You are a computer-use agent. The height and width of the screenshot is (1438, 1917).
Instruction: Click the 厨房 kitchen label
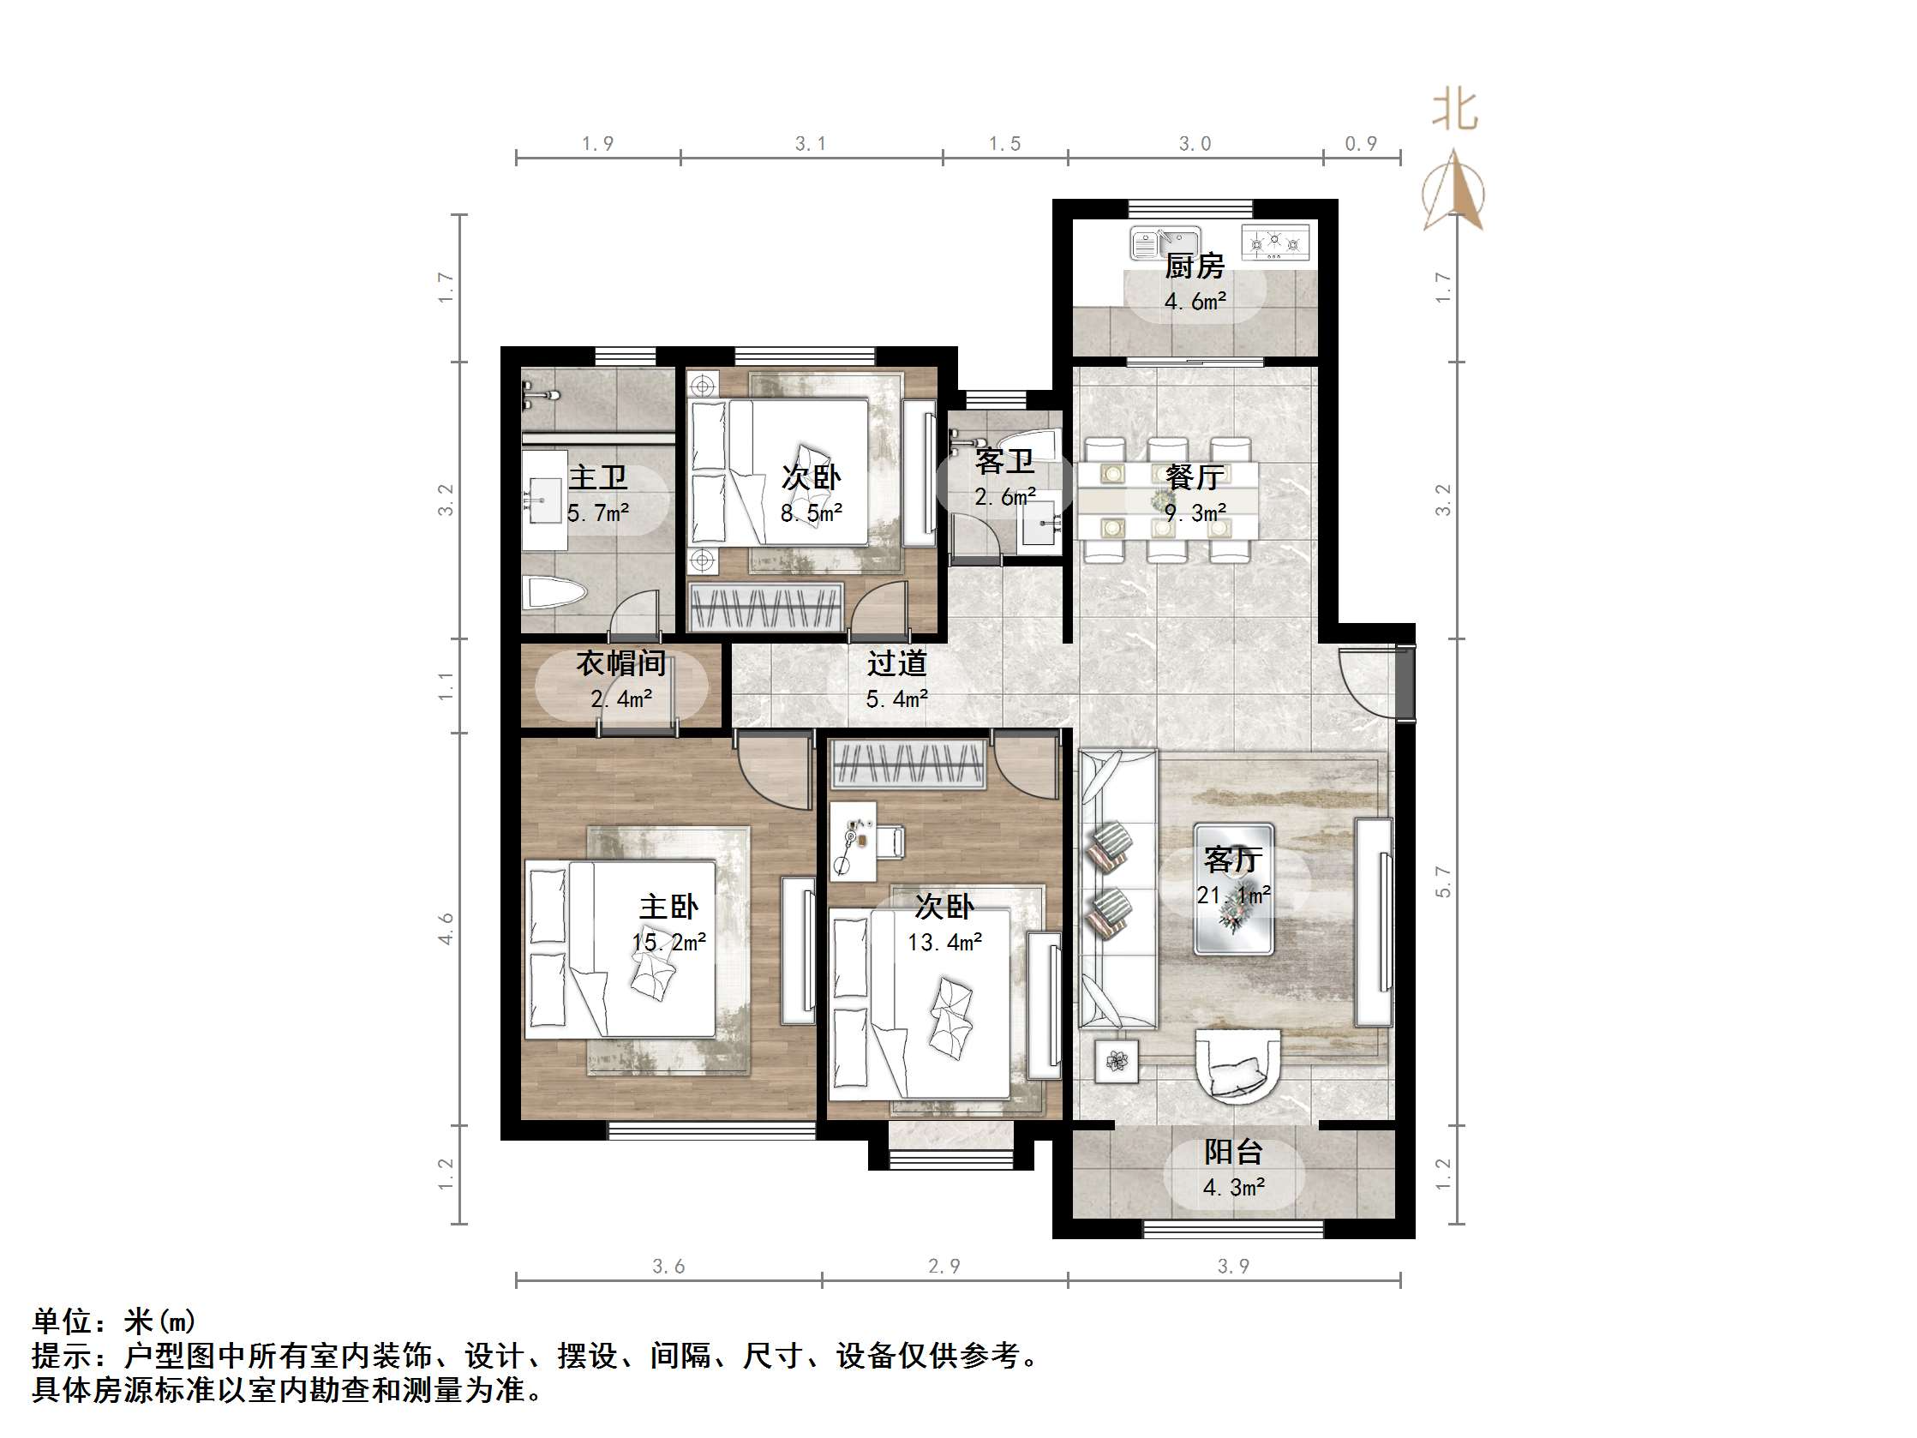click(x=1195, y=267)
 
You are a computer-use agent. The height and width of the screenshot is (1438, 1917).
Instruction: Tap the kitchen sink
click(x=1165, y=243)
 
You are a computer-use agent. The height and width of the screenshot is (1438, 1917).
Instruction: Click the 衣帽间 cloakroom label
click(x=621, y=664)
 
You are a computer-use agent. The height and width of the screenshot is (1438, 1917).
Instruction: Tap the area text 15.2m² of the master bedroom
click(x=668, y=942)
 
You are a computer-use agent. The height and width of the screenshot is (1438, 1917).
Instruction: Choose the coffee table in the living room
click(x=1233, y=889)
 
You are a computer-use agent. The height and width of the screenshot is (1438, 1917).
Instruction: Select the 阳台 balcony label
click(x=1232, y=1152)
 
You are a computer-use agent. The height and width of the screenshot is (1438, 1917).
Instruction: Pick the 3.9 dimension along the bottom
click(x=1232, y=1267)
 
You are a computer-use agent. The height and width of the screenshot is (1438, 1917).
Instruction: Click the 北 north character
click(x=1454, y=110)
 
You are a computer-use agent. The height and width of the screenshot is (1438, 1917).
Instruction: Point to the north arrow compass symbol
click(x=1453, y=191)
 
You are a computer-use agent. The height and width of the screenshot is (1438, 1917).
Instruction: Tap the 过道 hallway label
click(x=897, y=664)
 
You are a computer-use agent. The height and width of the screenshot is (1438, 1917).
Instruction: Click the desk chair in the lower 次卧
click(x=891, y=841)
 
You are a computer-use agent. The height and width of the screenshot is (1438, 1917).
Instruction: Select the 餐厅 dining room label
click(x=1195, y=476)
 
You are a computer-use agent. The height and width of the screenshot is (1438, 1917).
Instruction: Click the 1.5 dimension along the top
click(x=1005, y=144)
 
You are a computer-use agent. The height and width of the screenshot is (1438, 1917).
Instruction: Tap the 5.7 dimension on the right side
click(x=1443, y=883)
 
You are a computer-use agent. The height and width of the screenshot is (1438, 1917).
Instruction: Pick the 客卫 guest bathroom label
click(x=1004, y=461)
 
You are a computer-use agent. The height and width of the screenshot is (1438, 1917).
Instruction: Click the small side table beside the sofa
click(x=1117, y=1061)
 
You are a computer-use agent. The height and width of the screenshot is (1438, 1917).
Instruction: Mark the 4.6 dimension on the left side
click(x=446, y=928)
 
